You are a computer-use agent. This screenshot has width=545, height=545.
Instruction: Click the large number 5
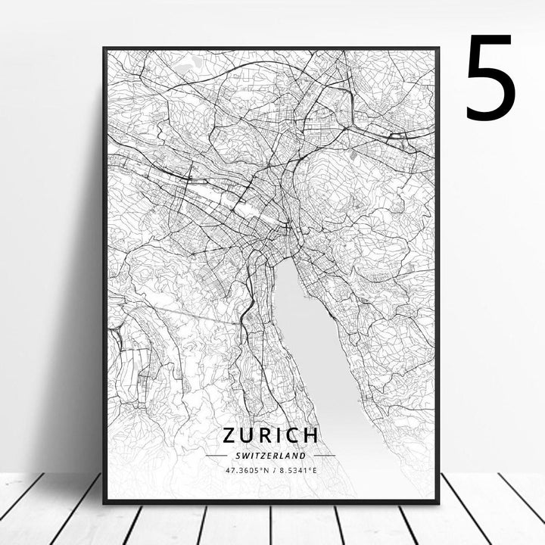pos(491,78)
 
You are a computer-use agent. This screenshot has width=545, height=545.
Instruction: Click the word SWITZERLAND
pos(270,456)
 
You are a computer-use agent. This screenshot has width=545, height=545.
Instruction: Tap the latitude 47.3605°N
pos(246,470)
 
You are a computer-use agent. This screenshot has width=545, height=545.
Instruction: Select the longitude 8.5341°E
pos(297,470)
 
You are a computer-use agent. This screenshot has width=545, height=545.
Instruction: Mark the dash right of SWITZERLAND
pos(324,456)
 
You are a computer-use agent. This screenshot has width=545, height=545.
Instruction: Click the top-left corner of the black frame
pos(104,48)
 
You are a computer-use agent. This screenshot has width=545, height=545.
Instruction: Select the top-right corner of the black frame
pos(438,48)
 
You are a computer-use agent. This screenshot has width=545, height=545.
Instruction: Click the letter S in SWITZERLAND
pos(236,456)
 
